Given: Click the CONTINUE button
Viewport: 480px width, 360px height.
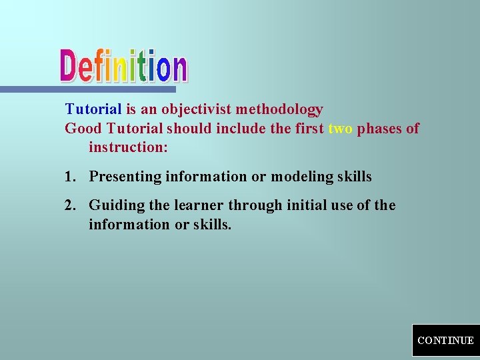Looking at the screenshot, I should click(445, 340).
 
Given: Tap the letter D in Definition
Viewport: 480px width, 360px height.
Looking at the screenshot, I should click(71, 67).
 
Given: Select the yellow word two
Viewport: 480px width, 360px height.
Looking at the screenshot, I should click(340, 129).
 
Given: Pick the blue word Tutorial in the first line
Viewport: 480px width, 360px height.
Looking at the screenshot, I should click(93, 109).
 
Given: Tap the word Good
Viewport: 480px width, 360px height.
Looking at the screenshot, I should click(81, 129).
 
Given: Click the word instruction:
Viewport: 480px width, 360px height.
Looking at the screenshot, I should click(128, 147).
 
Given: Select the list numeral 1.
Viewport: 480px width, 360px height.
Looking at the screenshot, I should click(69, 177).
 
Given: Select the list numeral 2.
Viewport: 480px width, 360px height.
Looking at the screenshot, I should click(69, 205).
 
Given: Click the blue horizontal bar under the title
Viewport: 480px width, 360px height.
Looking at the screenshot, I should click(87, 89).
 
